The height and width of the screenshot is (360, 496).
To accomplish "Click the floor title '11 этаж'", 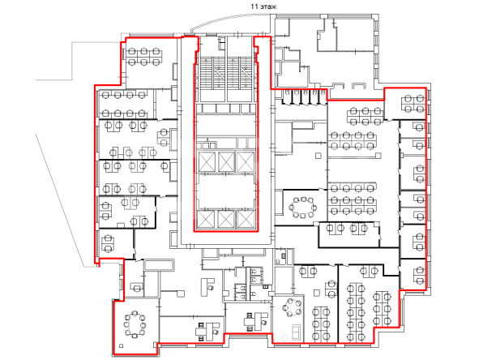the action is (x=263, y=6).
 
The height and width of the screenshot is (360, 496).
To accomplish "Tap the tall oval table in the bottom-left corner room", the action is (x=135, y=324).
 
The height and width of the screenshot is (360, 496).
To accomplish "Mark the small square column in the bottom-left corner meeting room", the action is (x=121, y=345).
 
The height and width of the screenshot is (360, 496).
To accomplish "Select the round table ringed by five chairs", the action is (x=292, y=307).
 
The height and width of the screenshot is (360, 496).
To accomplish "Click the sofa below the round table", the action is (x=296, y=332).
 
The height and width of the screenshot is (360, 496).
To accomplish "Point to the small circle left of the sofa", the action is (x=284, y=338).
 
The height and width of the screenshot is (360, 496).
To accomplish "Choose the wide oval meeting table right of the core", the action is (x=303, y=208).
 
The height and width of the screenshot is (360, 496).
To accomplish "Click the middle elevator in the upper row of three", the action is (x=226, y=161).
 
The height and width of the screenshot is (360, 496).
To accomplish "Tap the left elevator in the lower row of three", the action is (x=206, y=219).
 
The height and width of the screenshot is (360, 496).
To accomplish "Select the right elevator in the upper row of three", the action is (x=246, y=161).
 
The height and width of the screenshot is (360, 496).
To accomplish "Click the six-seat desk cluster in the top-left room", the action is (x=144, y=57).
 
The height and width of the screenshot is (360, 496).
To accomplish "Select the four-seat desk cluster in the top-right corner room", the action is (x=414, y=104).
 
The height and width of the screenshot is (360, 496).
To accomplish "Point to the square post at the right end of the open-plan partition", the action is (x=378, y=156).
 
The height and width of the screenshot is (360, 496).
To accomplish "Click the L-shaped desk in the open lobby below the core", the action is (x=207, y=286).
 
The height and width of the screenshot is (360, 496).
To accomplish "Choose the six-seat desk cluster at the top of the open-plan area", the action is (x=366, y=116).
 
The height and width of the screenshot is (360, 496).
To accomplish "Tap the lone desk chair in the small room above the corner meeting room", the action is (x=137, y=288).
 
